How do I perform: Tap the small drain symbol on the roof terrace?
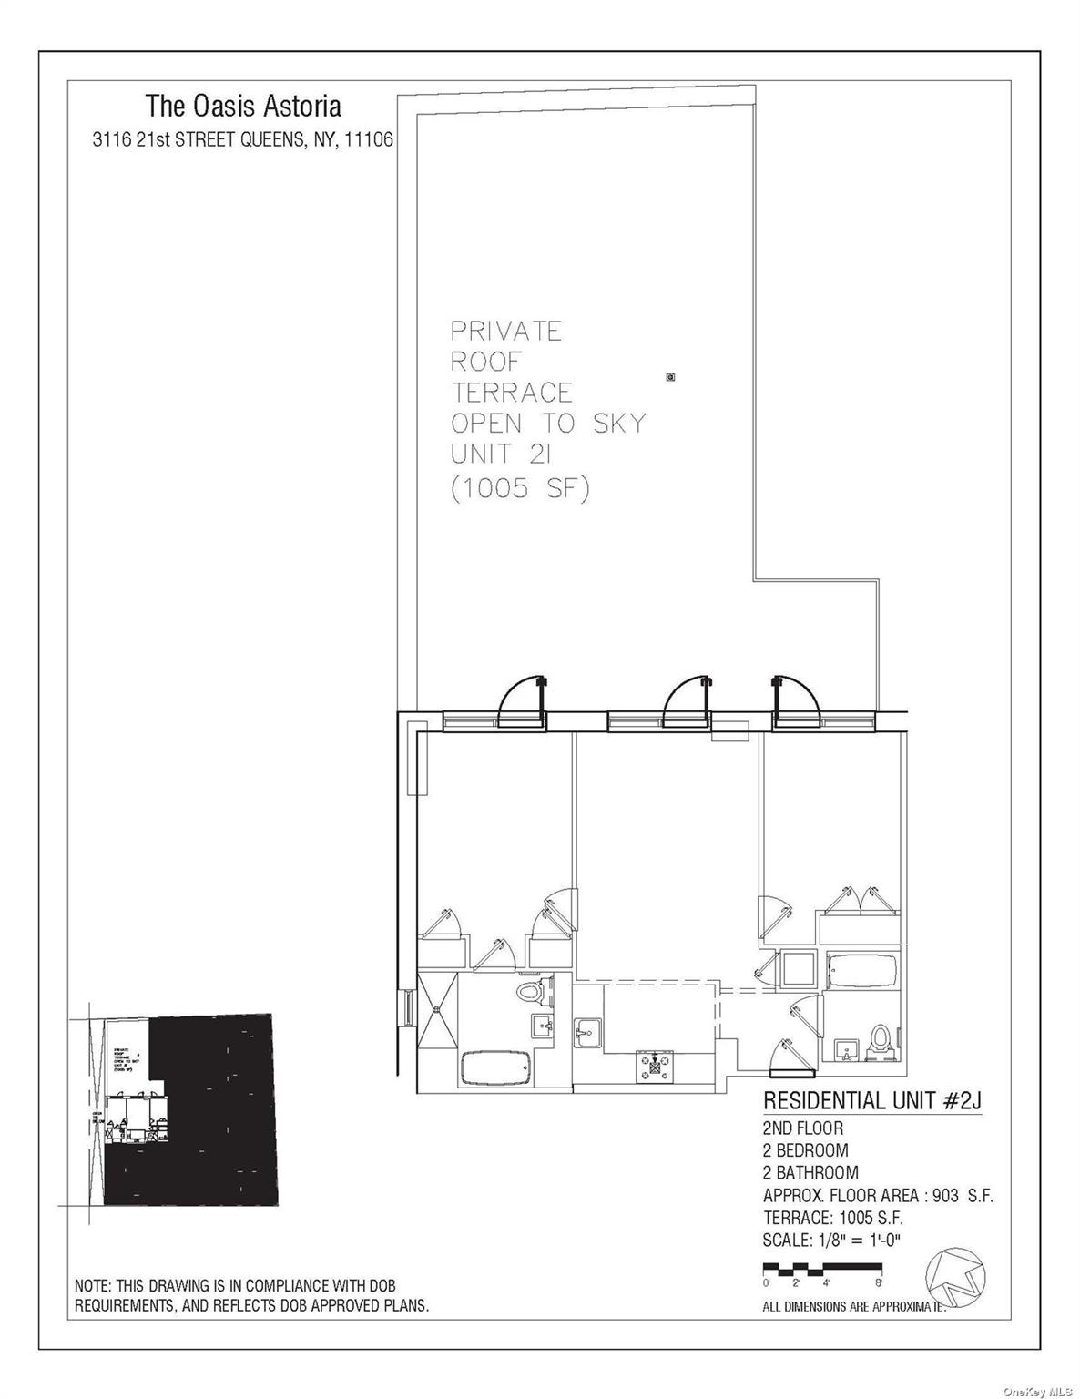[671, 376]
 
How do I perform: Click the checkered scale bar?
[821, 1267]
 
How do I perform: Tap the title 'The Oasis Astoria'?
[243, 107]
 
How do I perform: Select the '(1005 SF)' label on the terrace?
[520, 489]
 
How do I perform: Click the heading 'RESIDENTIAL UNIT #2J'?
[871, 1101]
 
